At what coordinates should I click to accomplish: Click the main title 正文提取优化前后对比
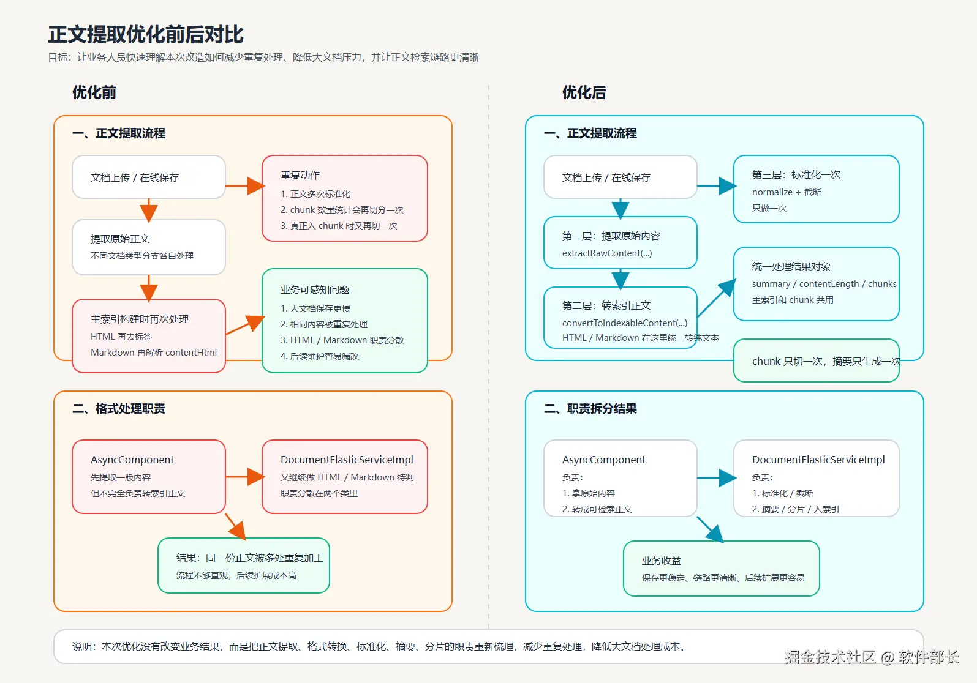[x=146, y=35]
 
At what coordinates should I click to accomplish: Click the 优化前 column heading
[x=94, y=92]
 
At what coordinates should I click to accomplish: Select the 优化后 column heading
[x=584, y=92]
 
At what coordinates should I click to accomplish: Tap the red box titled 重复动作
[x=344, y=198]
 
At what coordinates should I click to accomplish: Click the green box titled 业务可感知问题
[x=344, y=321]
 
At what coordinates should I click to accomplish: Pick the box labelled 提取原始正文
[x=149, y=247]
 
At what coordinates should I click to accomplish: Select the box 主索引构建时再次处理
[x=149, y=335]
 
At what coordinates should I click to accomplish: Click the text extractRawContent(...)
[x=607, y=253]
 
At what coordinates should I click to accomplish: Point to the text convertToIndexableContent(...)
[x=625, y=323]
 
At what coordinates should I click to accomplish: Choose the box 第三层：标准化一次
[x=816, y=189]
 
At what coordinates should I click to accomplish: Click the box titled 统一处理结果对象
[x=816, y=283]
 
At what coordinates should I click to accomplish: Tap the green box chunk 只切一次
[x=816, y=361]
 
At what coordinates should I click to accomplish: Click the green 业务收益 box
[x=721, y=569]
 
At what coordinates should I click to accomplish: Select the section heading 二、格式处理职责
[x=119, y=409]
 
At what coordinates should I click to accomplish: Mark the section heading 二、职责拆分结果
[x=590, y=409]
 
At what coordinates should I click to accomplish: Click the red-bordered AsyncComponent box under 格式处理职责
[x=149, y=476]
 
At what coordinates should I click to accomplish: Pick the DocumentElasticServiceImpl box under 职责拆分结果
[x=816, y=479]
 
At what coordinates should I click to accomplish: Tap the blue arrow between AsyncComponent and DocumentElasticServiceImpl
[x=716, y=478]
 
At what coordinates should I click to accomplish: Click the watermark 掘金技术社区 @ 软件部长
[x=871, y=657]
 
